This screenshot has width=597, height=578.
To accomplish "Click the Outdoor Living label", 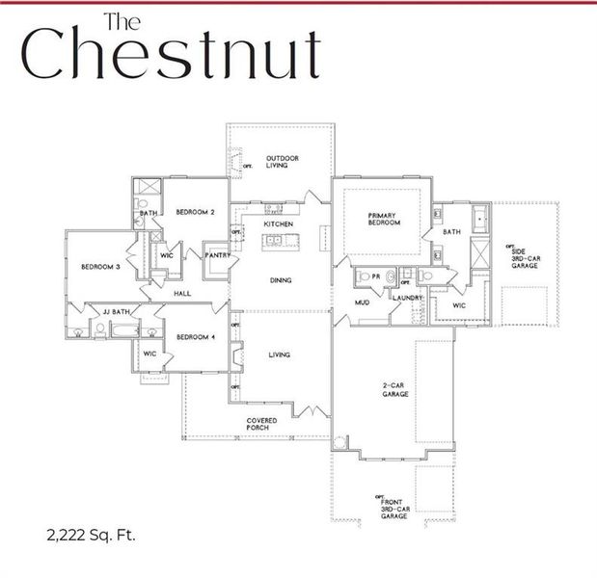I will pyautogui.click(x=283, y=161).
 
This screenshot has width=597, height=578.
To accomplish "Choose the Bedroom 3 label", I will pyautogui.click(x=100, y=267).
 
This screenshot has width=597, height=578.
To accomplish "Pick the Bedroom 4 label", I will pyautogui.click(x=195, y=336).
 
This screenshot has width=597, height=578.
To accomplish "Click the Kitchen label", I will pyautogui.click(x=279, y=223).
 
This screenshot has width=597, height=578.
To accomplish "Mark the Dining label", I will pyautogui.click(x=281, y=280).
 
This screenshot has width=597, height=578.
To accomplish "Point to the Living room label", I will pyautogui.click(x=279, y=355).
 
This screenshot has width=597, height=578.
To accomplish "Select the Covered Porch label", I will pyautogui.click(x=261, y=424).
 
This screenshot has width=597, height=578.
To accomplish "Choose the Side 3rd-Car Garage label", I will pyautogui.click(x=524, y=255).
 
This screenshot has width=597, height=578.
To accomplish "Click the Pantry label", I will pyautogui.click(x=216, y=255).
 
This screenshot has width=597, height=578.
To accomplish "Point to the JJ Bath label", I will pyautogui.click(x=117, y=311).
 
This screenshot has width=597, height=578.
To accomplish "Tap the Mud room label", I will pyautogui.click(x=362, y=302).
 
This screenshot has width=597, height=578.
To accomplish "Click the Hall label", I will pyautogui.click(x=181, y=293).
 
